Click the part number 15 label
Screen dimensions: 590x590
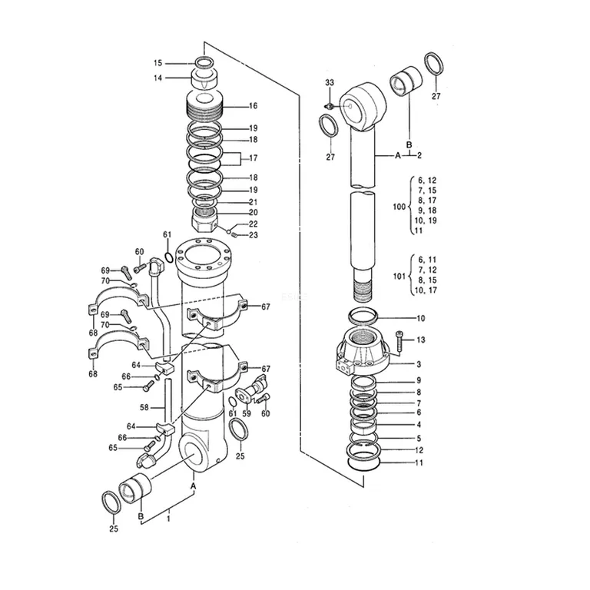click(157, 63)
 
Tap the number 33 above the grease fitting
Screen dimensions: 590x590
click(330, 82)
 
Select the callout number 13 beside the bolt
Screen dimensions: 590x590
click(421, 340)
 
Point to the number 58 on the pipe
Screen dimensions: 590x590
click(144, 407)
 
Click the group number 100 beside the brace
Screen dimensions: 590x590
click(399, 207)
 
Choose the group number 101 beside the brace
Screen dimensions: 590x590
click(399, 277)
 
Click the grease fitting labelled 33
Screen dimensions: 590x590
click(330, 106)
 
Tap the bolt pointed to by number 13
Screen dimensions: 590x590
click(399, 340)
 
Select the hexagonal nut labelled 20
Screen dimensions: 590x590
click(204, 221)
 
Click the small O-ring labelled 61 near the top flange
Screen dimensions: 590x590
click(169, 257)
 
